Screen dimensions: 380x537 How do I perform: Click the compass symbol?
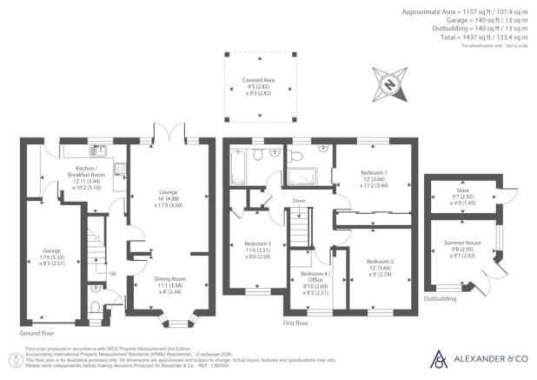(x=390, y=84)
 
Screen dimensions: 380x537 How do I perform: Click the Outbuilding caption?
(x=441, y=297)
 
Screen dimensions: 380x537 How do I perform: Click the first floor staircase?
(x=300, y=231)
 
